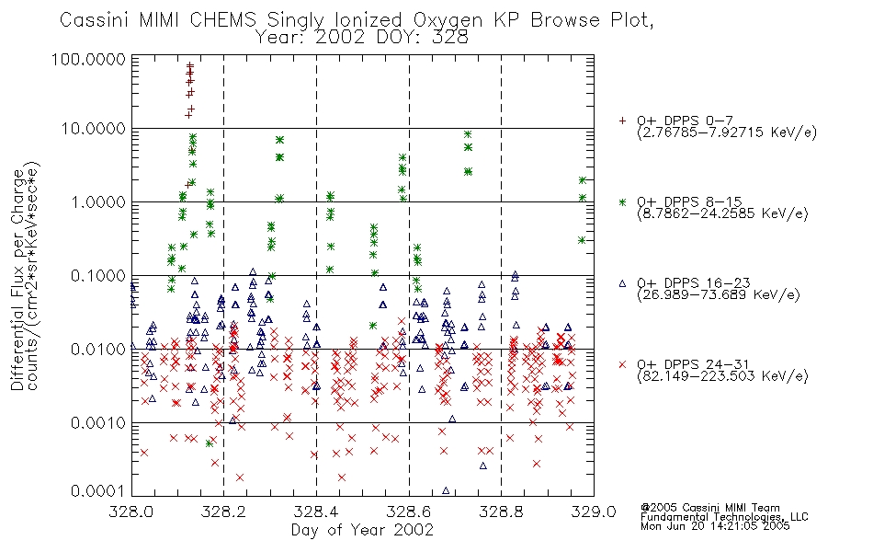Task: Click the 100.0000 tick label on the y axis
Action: pyautogui.click(x=88, y=59)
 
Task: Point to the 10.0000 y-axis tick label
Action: pyautogui.click(x=94, y=129)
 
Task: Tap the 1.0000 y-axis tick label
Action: pyautogui.click(x=98, y=201)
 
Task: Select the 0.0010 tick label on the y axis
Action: pyautogui.click(x=98, y=422)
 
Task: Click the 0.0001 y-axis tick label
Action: pyautogui.click(x=98, y=491)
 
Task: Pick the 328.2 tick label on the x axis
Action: pyautogui.click(x=224, y=512)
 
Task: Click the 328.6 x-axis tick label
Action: pyautogui.click(x=409, y=512)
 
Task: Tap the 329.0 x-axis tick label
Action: pyautogui.click(x=594, y=512)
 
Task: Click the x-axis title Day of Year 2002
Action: pyautogui.click(x=362, y=530)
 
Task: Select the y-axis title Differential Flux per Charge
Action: pyautogui.click(x=18, y=279)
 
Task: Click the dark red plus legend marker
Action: pyautogui.click(x=622, y=121)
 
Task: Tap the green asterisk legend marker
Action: pyautogui.click(x=622, y=201)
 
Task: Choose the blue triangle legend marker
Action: pyautogui.click(x=622, y=283)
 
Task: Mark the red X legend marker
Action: pyautogui.click(x=622, y=364)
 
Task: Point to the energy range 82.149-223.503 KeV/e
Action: pyautogui.click(x=722, y=376)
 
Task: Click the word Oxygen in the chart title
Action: pyautogui.click(x=448, y=20)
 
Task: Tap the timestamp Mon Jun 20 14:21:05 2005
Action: pyautogui.click(x=715, y=526)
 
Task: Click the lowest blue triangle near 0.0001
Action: pyautogui.click(x=446, y=490)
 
